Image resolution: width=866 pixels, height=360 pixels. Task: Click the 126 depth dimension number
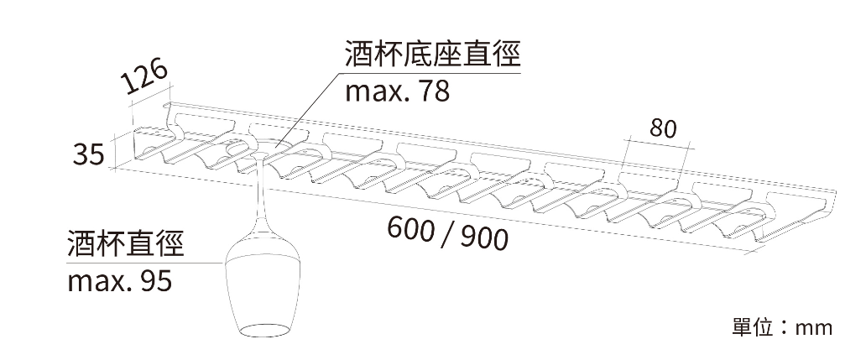144,76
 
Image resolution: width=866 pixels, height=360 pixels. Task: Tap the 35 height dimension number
89,154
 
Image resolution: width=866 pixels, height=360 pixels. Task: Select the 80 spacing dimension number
663,128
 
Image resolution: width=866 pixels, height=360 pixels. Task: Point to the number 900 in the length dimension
484,238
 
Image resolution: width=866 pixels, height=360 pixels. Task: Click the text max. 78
397,91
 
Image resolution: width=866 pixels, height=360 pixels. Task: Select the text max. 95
120,281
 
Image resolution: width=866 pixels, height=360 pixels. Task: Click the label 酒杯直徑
125,244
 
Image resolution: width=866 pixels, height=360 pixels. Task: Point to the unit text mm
813,328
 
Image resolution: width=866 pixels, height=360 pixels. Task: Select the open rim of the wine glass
263,330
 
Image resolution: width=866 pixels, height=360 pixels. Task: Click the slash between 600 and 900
448,234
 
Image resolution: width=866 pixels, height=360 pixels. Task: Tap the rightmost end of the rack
834,193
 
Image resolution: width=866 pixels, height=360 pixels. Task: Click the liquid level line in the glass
263,258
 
